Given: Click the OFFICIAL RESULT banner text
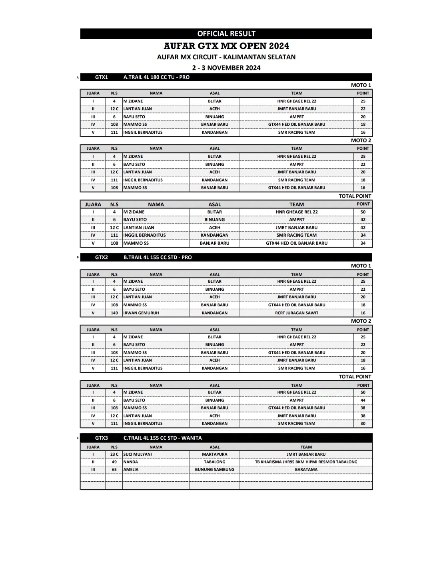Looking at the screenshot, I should click(226, 34).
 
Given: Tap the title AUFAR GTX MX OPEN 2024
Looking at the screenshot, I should click(226, 46).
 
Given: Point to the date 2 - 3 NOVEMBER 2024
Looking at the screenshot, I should click(226, 68).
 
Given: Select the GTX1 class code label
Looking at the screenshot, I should click(102, 77).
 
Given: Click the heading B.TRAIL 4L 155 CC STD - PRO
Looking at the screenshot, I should click(158, 257).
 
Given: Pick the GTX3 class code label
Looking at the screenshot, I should click(102, 438).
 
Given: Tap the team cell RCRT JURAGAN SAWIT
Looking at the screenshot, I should click(297, 313).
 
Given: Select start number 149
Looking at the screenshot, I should click(114, 313).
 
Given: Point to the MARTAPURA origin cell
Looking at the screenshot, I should click(215, 454).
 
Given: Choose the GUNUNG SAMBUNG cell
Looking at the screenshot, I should click(215, 470).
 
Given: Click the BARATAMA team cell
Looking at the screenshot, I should click(306, 470).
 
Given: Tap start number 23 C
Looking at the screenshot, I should click(114, 454).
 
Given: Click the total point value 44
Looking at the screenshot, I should click(363, 400).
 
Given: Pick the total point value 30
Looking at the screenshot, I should click(363, 423).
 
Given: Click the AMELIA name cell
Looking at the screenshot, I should click(131, 470).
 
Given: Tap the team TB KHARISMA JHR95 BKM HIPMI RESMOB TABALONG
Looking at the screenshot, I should click(306, 462).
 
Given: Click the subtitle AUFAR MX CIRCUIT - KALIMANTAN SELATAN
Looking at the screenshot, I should click(226, 57).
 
